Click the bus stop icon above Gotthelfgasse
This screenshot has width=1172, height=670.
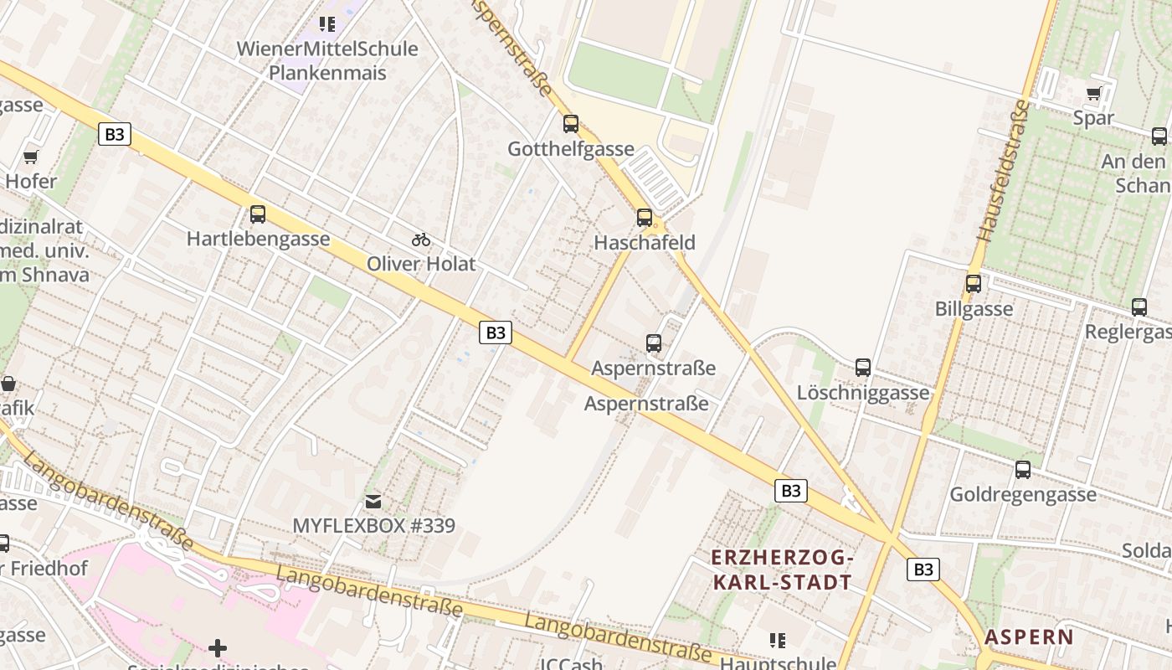tap(571, 124)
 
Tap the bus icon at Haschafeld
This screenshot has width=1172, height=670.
tap(645, 218)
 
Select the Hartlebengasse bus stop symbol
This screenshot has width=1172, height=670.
tap(258, 214)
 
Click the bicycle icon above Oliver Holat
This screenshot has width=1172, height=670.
tap(421, 240)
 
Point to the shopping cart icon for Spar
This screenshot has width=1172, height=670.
tap(1093, 93)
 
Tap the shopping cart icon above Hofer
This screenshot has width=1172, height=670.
tap(31, 157)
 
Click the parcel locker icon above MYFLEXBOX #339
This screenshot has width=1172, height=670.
tap(373, 502)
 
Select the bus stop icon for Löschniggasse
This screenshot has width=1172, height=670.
tap(863, 368)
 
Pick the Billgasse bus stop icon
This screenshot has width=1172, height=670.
tap(974, 284)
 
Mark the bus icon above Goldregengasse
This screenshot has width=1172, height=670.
tap(1023, 470)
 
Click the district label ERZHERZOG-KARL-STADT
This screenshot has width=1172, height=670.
tap(782, 569)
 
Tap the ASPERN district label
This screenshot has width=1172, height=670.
tap(1029, 636)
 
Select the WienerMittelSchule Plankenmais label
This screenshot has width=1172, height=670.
tap(327, 60)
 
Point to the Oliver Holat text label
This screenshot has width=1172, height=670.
tap(421, 264)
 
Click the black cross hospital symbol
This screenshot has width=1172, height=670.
tap(218, 647)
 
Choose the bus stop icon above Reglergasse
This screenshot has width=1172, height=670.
tap(1139, 307)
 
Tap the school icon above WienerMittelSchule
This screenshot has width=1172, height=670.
tap(327, 24)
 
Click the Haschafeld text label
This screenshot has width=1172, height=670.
tap(645, 243)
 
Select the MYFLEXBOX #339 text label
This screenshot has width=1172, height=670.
tap(373, 526)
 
